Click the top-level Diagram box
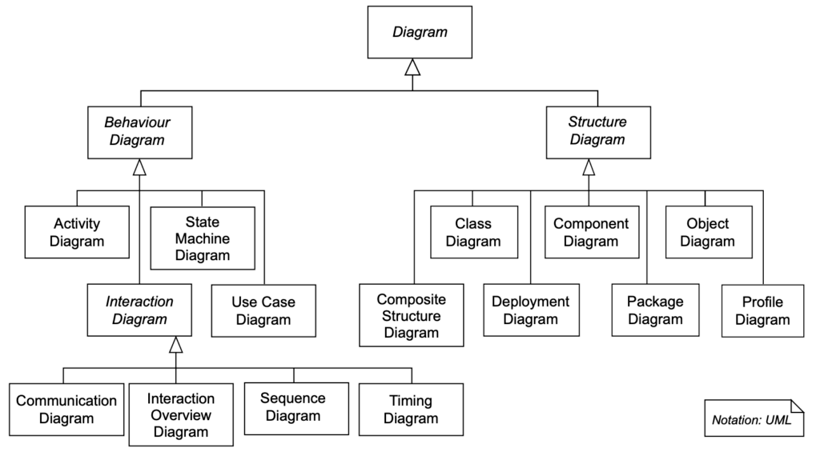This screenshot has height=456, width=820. click(420, 33)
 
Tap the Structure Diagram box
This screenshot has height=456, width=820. click(597, 130)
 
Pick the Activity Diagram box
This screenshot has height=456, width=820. click(77, 232)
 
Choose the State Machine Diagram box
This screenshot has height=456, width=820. click(202, 238)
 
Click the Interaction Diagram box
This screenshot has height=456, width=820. click(139, 310)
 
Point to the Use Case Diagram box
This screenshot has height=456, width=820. click(263, 311)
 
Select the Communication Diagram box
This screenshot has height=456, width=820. click(66, 409)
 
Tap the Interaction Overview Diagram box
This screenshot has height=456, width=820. click(182, 415)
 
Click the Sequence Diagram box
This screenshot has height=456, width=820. click(294, 407)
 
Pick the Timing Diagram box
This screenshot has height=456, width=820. click(411, 409)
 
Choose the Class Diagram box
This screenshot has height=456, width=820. click(472, 233)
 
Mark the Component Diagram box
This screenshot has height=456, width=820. click(591, 233)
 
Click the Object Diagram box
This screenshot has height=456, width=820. click(709, 233)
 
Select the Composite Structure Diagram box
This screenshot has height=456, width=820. click(411, 315)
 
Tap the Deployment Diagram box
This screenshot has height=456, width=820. click(531, 310)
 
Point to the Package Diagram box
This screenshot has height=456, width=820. click(655, 310)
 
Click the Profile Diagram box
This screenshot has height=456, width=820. click(762, 311)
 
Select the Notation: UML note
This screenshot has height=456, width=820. click(753, 418)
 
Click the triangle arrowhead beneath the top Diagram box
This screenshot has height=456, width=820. click(412, 67)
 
